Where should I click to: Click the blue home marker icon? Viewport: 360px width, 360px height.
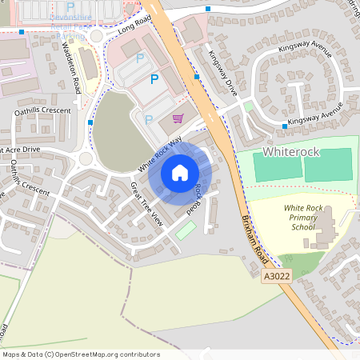[x=180, y=173]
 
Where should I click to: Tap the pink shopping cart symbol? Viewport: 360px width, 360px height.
[x=178, y=119]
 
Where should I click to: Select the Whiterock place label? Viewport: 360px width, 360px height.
[x=290, y=150]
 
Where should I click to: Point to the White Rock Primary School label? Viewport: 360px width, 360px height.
[x=304, y=217]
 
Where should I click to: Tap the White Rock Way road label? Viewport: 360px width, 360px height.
[x=159, y=153]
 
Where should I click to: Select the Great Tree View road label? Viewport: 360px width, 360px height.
[x=146, y=204]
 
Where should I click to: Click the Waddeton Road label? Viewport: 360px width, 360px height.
[x=71, y=66]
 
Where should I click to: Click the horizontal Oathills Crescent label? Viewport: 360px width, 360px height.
[x=42, y=111]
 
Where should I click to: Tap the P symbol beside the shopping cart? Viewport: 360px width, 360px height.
[x=149, y=119]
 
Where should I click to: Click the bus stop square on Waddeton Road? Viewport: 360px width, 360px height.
[x=90, y=122]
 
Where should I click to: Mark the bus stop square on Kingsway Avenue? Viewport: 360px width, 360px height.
[x=285, y=126]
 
